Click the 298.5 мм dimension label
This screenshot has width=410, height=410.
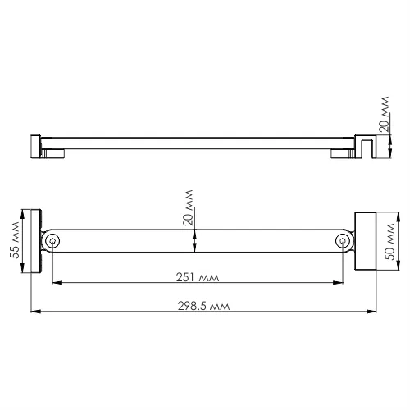coord(203,305)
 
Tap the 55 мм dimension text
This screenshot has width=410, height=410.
coord(14,242)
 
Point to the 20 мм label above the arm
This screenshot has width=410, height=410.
coord(188,209)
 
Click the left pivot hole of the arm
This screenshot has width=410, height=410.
coord(52,240)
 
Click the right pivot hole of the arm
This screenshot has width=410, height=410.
coord(343,240)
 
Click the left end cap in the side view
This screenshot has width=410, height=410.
coord(35,147)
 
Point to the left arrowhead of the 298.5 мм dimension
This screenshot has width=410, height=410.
coord(34,312)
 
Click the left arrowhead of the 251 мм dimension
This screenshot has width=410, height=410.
coord(56,284)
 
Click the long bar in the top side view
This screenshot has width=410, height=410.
coord(197,142)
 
